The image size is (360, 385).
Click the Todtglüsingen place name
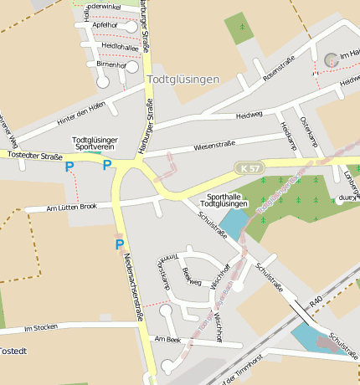[183, 80]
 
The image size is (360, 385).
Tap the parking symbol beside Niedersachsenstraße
[119, 244]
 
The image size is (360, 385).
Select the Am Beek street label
[167, 339]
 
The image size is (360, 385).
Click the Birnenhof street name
[111, 64]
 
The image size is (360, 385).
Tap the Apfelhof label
[105, 25]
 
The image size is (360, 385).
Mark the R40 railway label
[315, 300]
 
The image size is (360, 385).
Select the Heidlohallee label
[107, 46]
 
